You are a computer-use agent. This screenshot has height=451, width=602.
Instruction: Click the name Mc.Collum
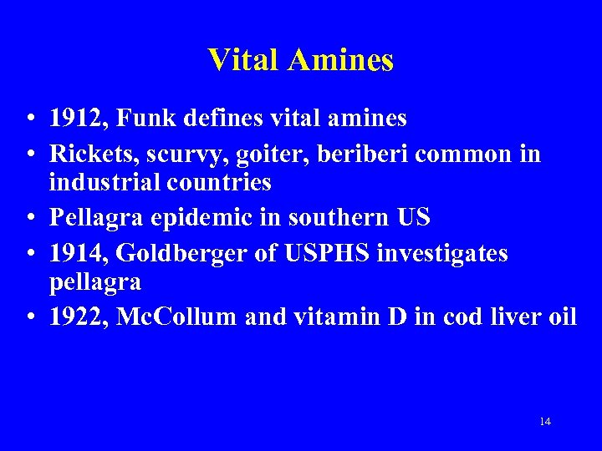coord(177,317)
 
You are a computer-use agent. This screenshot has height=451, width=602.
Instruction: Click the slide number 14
coord(545,421)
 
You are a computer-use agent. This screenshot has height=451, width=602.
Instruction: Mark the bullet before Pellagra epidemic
coord(29,218)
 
